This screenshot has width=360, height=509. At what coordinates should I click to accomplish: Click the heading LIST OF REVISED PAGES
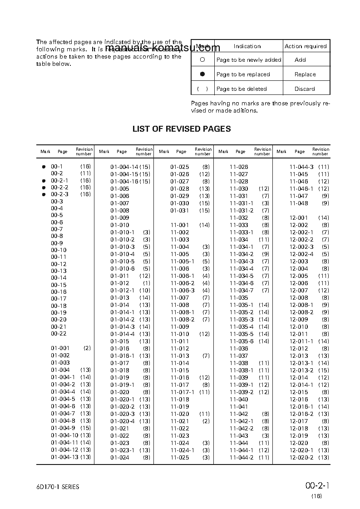click(181, 129)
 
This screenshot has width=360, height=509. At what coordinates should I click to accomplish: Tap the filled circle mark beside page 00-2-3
click(44, 194)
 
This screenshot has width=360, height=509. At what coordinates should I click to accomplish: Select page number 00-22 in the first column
click(59, 334)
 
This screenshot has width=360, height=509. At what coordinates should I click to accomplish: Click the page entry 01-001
click(60, 348)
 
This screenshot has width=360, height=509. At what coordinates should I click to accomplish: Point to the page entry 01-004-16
click(124, 182)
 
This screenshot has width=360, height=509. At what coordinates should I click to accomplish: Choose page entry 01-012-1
click(122, 290)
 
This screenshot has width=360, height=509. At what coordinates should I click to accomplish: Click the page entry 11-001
click(179, 225)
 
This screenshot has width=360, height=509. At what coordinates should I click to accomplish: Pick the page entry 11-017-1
click(182, 392)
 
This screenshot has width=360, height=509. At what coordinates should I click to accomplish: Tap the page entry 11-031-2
click(242, 211)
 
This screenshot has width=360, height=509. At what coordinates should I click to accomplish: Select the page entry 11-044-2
click(242, 457)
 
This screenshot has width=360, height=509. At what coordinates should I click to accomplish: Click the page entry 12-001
click(299, 218)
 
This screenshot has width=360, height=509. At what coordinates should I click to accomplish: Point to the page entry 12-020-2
click(301, 457)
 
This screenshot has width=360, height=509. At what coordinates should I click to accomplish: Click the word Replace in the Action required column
click(305, 74)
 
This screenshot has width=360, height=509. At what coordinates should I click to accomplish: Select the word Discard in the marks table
click(305, 89)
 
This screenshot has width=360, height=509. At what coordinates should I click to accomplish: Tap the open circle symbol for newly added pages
click(202, 59)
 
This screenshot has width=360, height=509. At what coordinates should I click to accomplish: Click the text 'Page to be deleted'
click(242, 89)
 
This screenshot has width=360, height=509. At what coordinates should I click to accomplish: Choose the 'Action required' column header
click(306, 46)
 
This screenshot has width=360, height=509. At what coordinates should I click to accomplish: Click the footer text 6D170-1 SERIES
click(58, 487)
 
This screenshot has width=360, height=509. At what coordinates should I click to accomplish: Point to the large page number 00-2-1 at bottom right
click(317, 486)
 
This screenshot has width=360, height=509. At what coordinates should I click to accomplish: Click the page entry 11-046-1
click(301, 189)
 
